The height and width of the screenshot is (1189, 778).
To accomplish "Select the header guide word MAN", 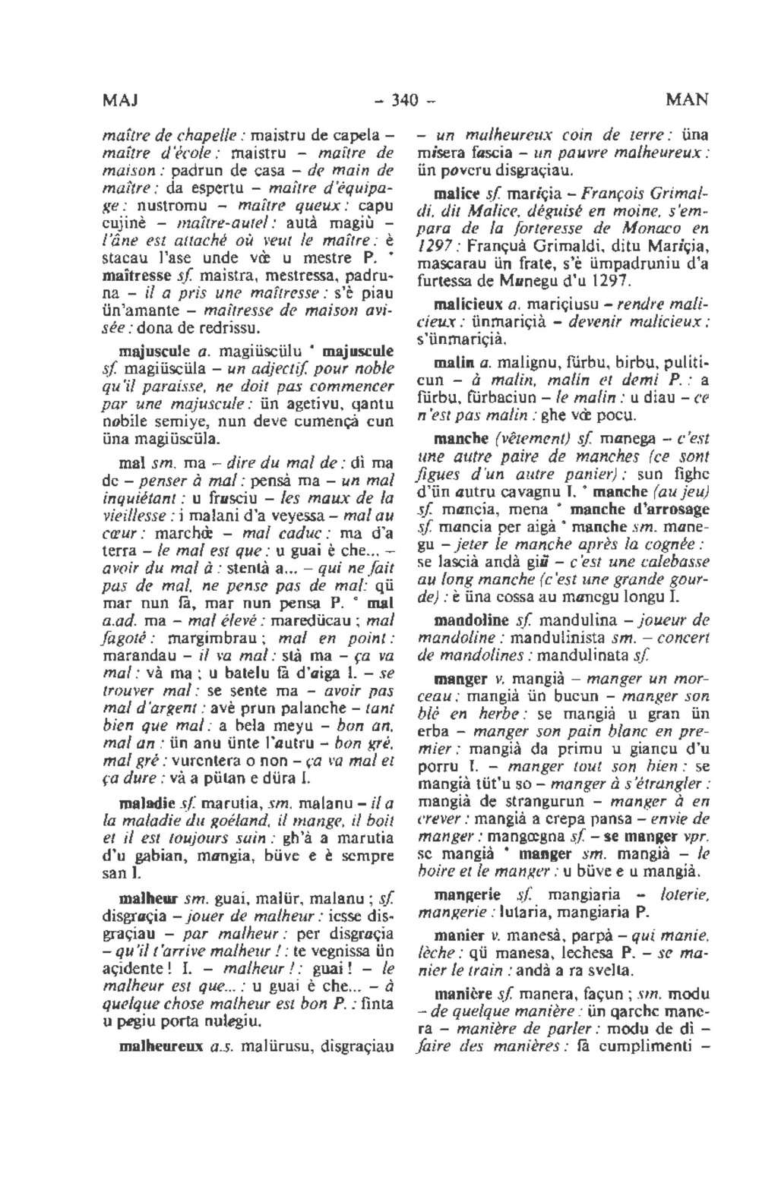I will click(687, 99).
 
